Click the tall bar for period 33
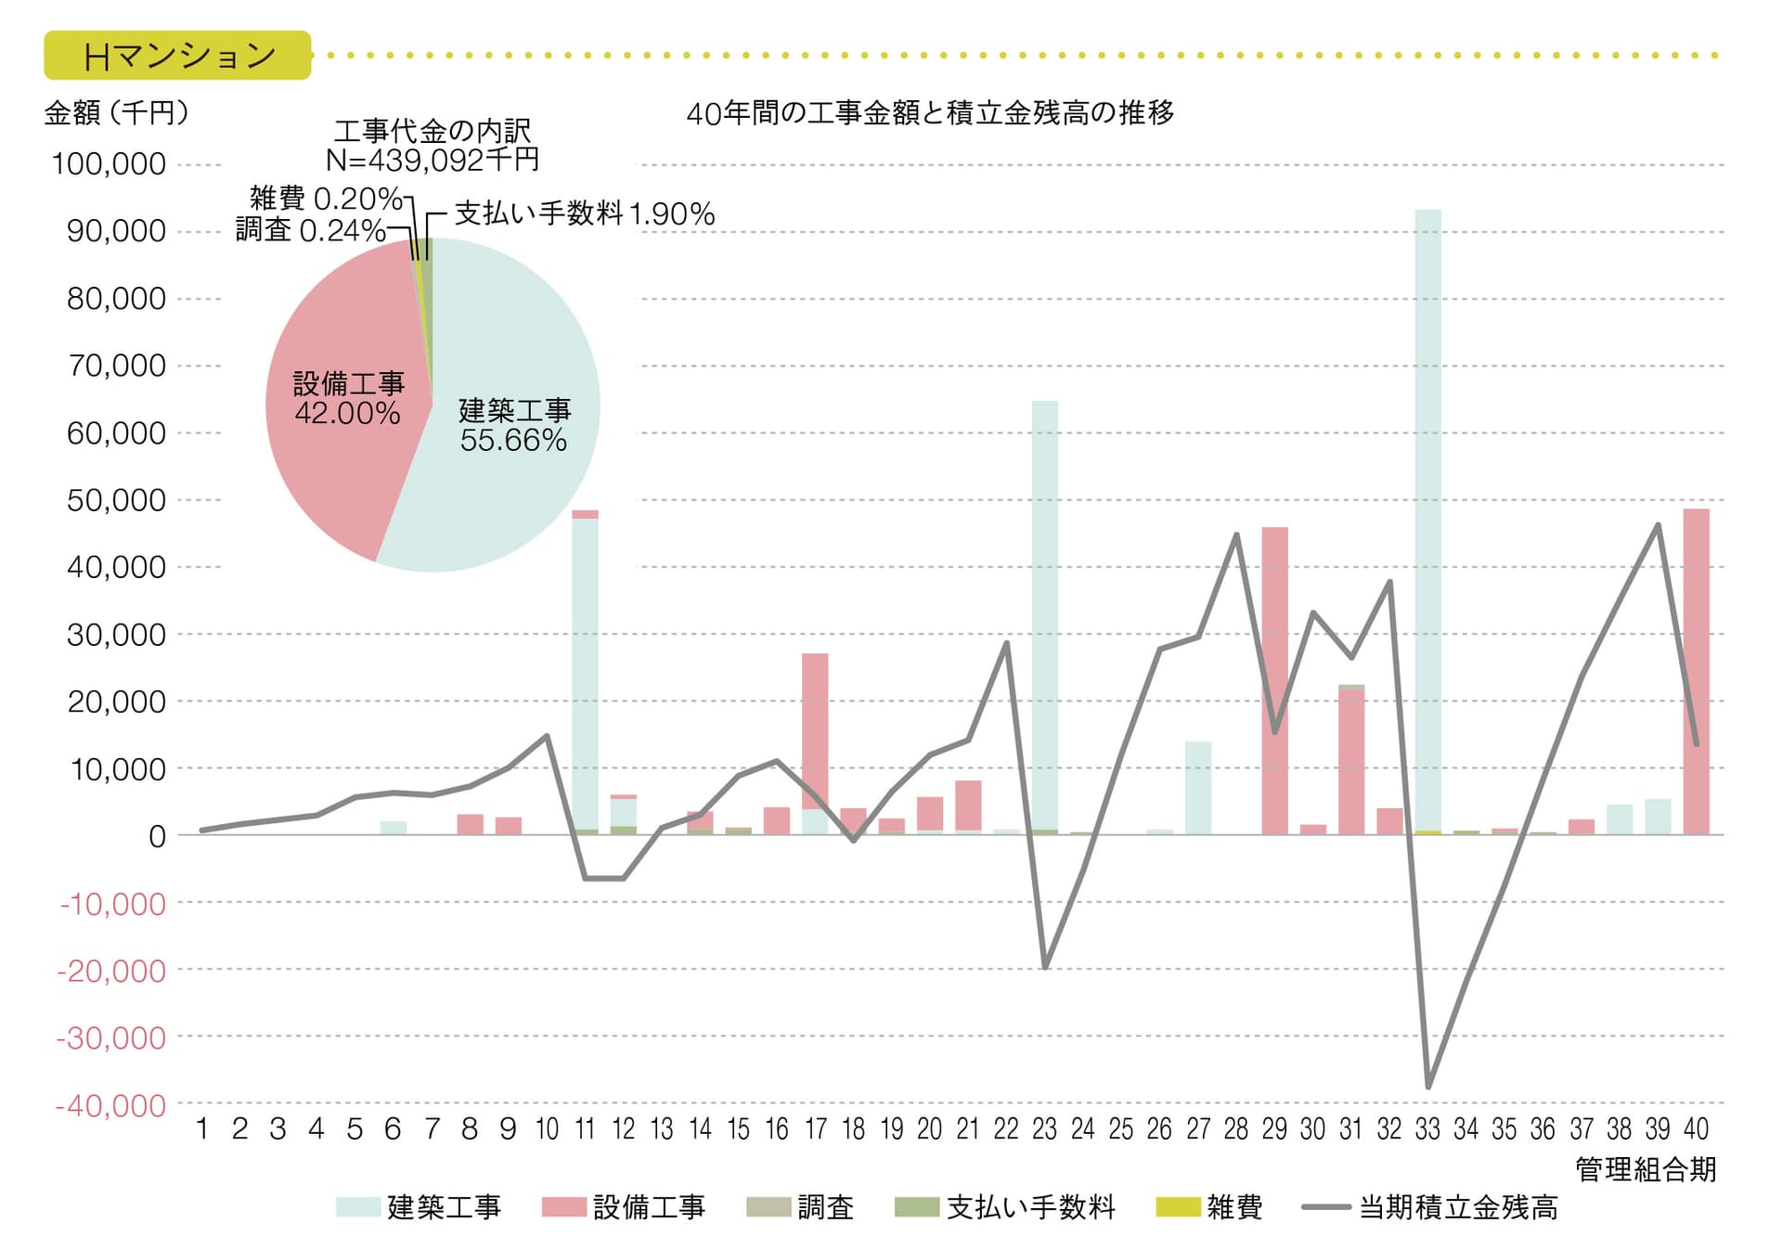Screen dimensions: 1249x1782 point(1427,520)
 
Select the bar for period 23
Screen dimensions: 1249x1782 point(1044,612)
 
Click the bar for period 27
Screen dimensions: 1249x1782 point(1198,789)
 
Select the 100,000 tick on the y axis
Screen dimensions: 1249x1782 point(109,164)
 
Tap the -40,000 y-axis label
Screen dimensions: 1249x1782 point(110,1105)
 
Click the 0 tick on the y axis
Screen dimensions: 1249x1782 point(157,836)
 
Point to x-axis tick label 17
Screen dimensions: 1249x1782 point(815,1129)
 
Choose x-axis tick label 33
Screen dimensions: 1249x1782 point(1427,1129)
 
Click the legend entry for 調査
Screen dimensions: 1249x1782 point(801,1207)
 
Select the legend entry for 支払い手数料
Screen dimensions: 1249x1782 point(1004,1207)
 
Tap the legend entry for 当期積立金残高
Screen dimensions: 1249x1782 point(1429,1207)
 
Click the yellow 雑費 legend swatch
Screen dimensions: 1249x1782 point(1177,1207)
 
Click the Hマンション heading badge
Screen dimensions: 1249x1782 point(177,56)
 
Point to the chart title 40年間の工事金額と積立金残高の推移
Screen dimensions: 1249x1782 point(930,113)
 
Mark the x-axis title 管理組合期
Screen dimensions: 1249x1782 point(1645,1169)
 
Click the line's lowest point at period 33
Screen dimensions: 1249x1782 point(1427,1087)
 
